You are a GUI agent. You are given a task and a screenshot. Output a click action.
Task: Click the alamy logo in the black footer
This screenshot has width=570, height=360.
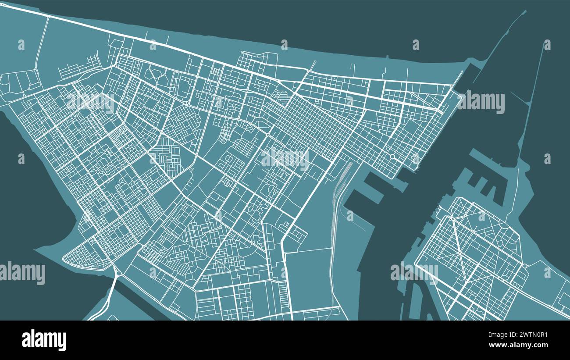[44, 340]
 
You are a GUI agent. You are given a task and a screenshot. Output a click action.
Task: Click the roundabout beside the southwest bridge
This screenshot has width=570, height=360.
[118, 273]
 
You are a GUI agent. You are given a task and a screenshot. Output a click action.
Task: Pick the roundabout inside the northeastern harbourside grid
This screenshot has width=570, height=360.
[392, 156]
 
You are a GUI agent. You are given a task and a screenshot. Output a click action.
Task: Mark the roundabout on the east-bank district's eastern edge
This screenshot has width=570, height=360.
[524, 266]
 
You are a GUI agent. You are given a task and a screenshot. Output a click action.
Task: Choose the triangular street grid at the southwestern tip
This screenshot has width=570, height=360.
[85, 257]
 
